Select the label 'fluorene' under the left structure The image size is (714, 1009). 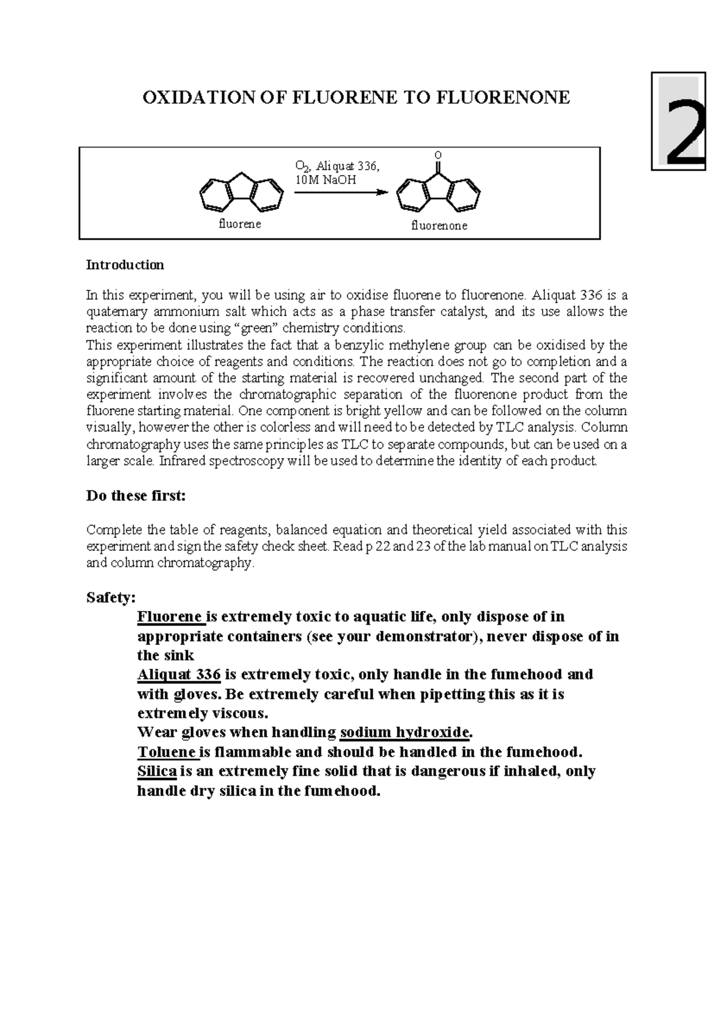pos(240,224)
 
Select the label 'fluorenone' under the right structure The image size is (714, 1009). pos(439,226)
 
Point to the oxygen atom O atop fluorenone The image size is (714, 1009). pos(438,155)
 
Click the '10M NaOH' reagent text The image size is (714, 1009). pos(326,180)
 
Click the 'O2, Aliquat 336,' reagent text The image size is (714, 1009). pos(337,166)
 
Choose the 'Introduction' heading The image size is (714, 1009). pos(125,265)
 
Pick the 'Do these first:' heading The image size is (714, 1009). pos(136,496)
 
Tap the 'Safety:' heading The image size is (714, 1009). pos(111,597)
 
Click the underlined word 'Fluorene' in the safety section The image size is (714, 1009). pos(170,616)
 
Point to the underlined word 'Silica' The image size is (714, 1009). pos(157,772)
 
